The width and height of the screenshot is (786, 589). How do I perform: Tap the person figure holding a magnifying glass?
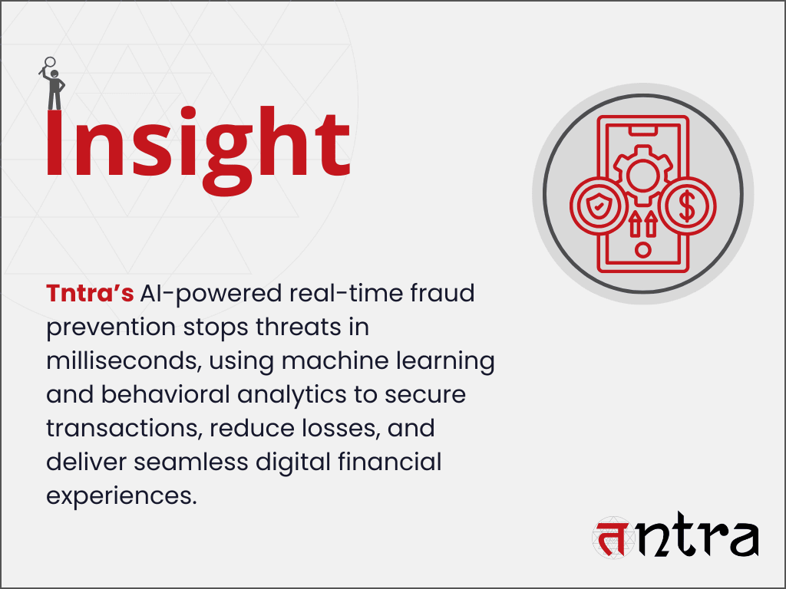pyautogui.click(x=53, y=84)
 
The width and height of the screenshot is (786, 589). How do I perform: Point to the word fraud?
pyautogui.click(x=441, y=293)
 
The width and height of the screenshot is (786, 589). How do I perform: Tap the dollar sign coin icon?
pyautogui.click(x=688, y=206)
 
